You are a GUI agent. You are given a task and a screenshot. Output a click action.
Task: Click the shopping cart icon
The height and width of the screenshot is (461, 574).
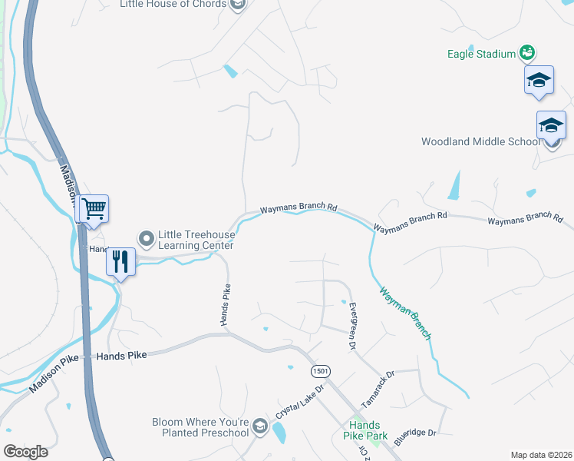click(x=94, y=208)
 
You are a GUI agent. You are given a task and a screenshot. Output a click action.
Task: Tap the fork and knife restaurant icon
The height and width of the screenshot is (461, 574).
click(x=120, y=261)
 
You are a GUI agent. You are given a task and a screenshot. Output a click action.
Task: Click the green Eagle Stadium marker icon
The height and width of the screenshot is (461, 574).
click(x=527, y=52)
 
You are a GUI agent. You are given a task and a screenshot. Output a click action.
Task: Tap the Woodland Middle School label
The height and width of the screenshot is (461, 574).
click(x=480, y=141)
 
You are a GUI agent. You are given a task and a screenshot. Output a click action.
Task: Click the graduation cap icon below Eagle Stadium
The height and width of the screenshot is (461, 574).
click(x=539, y=80)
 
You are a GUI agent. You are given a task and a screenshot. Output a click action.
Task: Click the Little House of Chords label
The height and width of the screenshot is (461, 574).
click(x=173, y=5)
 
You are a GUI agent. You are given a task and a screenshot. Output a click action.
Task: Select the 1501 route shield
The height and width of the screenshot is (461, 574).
click(x=321, y=371)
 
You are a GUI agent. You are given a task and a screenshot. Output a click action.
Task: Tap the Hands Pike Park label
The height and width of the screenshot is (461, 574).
click(x=365, y=430)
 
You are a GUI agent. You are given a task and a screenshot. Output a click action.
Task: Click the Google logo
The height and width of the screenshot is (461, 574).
click(x=25, y=452)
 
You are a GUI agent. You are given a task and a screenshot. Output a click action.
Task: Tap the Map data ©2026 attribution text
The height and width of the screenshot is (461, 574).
click(x=540, y=455)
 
